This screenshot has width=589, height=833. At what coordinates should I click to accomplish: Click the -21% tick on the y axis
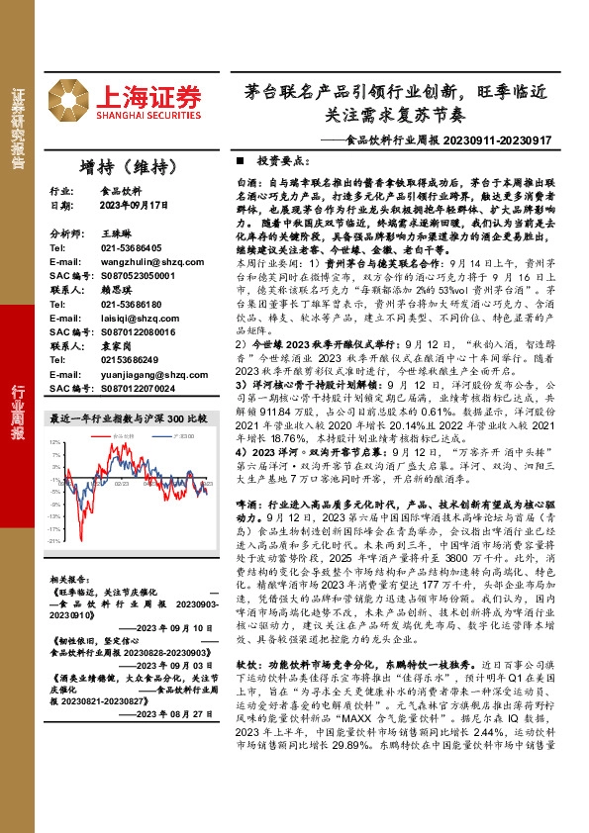(x=55, y=541)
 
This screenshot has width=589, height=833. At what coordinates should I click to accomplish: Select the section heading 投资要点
(x=279, y=159)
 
